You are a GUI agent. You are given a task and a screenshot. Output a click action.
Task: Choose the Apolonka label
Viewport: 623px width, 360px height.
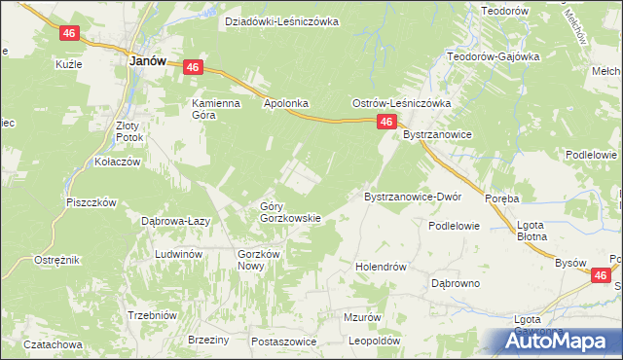[285, 102]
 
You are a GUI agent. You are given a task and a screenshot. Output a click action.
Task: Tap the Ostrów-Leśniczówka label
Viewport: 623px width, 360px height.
[399, 102]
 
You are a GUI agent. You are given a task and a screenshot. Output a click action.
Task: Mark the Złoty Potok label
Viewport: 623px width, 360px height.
[129, 131]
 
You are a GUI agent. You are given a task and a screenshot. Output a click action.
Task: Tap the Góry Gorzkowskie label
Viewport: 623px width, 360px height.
[290, 211]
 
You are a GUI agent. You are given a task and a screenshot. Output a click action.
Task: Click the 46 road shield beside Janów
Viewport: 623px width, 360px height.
[192, 67]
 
